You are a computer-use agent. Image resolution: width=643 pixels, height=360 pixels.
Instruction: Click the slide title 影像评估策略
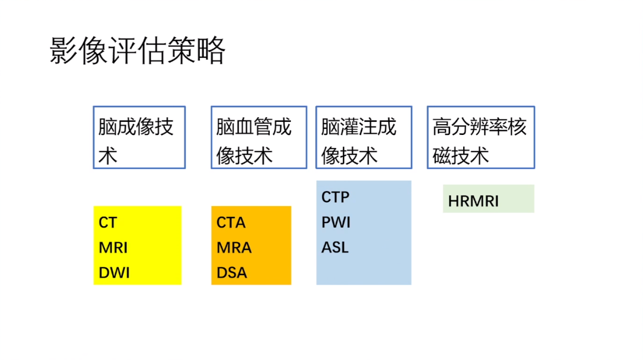(137, 50)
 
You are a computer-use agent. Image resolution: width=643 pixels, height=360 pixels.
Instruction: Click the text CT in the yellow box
(108, 223)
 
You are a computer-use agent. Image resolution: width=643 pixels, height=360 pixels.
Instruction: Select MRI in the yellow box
(113, 248)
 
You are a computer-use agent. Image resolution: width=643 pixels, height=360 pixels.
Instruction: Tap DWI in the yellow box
(114, 273)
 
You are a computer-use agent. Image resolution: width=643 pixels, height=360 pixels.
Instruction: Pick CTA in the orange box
(231, 223)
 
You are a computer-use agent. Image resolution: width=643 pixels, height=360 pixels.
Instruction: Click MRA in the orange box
(234, 248)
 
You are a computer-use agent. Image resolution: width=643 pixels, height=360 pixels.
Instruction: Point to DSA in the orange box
(232, 273)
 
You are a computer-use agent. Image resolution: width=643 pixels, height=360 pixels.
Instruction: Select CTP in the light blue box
(335, 197)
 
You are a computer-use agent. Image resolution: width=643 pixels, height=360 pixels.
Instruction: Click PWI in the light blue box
(336, 222)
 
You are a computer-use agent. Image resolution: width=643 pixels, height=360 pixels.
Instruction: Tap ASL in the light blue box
(335, 248)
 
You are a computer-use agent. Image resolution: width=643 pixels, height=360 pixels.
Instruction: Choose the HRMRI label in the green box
(473, 201)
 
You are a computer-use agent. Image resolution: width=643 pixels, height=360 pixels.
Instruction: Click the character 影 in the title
(64, 50)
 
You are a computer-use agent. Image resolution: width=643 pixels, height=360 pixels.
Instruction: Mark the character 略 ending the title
(211, 50)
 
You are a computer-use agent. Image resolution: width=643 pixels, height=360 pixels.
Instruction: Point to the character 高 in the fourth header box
(442, 127)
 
